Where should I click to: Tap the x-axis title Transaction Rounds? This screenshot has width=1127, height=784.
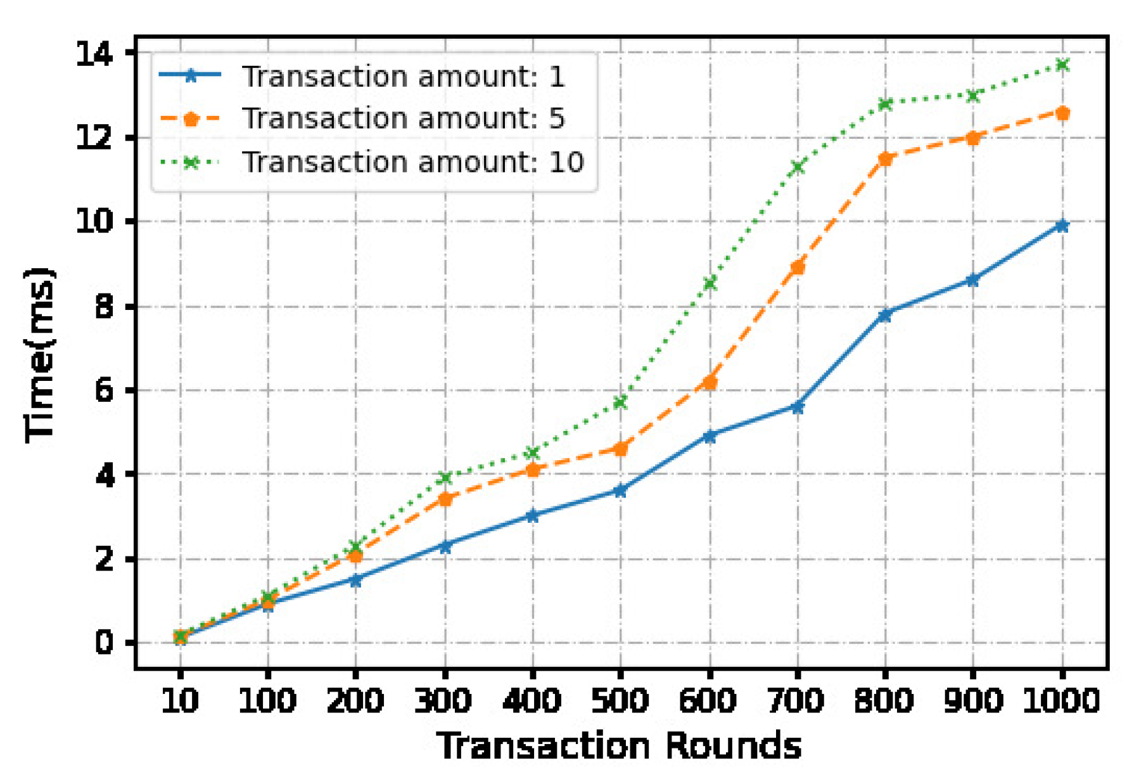[619, 745]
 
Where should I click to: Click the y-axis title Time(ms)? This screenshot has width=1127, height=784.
[40, 355]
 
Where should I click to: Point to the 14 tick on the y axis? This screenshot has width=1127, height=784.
[94, 53]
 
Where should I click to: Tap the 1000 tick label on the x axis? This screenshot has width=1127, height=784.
[1062, 701]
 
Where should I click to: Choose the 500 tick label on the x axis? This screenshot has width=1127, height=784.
[620, 701]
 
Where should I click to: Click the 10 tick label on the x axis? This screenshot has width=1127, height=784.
[180, 701]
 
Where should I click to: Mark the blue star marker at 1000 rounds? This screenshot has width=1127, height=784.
[1062, 226]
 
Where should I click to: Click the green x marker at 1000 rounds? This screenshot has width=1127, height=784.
[1062, 65]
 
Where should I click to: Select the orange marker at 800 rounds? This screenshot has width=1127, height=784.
[885, 158]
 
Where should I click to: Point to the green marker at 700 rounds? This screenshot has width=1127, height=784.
[797, 167]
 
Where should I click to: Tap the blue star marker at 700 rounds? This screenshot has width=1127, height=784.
[797, 407]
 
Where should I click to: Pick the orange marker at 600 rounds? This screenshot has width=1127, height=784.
[710, 382]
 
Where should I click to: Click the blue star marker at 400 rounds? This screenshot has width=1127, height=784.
[532, 516]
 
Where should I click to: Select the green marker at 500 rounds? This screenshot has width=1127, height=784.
[620, 402]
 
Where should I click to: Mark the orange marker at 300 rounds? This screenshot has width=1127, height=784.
[445, 499]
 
